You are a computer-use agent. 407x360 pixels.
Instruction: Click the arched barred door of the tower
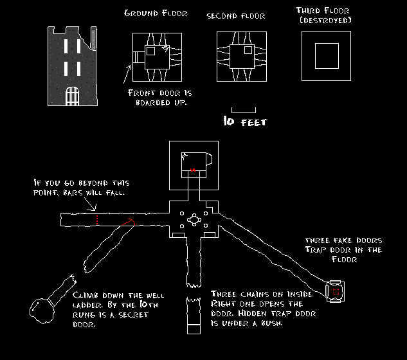point(72,96)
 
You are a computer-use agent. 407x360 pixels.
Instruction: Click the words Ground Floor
point(156,14)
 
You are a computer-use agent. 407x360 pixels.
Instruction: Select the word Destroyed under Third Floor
point(326,21)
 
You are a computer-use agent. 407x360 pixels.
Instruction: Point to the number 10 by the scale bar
point(229,121)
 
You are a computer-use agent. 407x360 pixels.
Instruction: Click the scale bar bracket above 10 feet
point(244,109)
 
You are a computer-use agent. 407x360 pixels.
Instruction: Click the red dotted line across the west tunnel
point(97,220)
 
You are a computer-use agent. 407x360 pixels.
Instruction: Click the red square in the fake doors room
point(336,292)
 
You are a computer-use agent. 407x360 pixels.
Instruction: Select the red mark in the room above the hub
point(192,170)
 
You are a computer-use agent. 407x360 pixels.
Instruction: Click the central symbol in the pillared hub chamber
point(193,220)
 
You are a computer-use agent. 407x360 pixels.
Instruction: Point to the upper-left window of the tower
point(66,46)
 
